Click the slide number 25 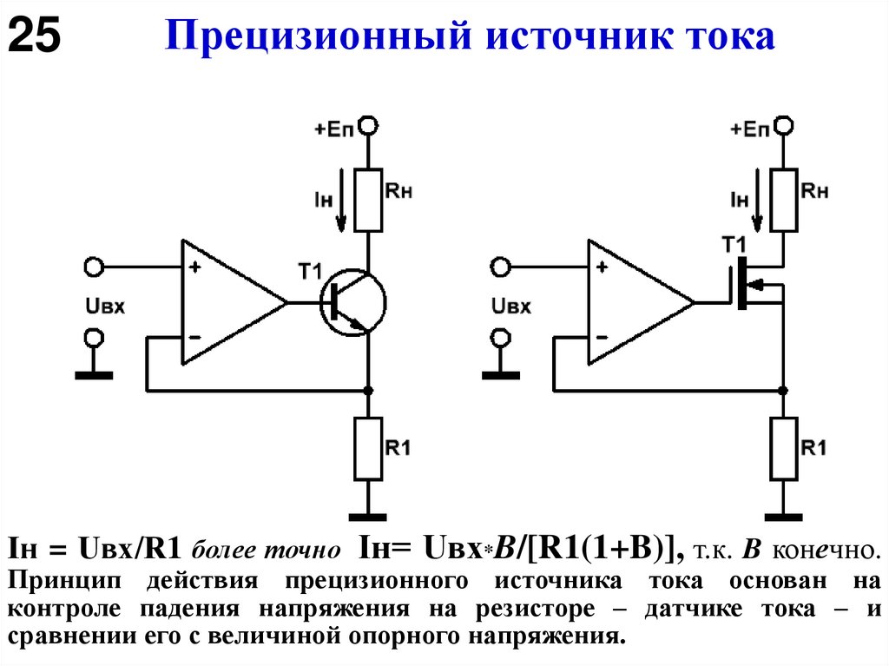35,37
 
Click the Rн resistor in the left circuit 368,201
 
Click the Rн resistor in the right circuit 784,201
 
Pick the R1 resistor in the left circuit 368,448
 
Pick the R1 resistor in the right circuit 784,448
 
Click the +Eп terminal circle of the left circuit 369,128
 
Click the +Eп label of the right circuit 749,129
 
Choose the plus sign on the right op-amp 602,267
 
